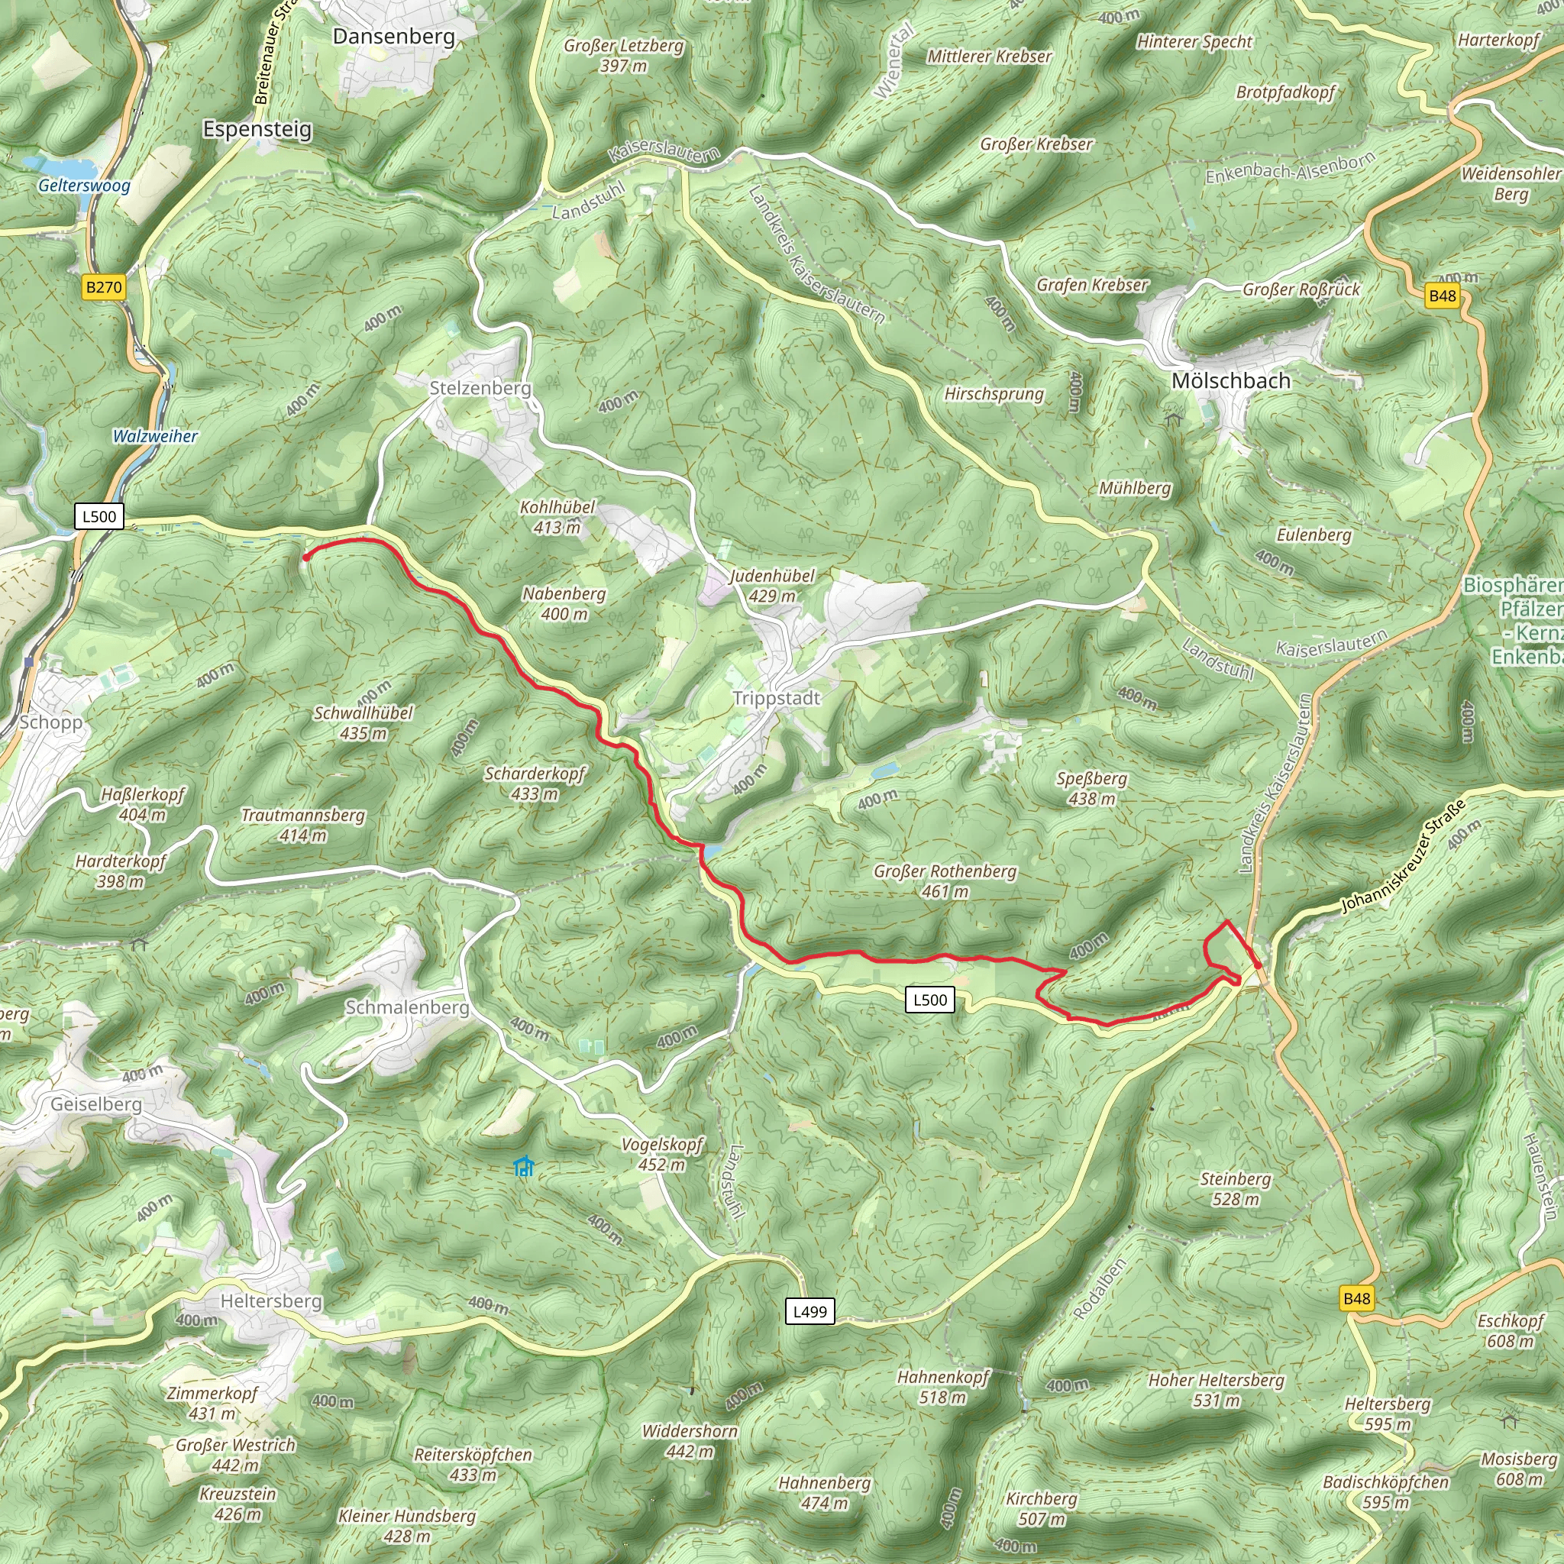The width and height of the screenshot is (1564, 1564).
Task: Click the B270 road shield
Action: coord(105,286)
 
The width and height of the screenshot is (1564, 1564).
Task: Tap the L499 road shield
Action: coord(809,1311)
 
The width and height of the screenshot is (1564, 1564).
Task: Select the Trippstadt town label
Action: coord(777,698)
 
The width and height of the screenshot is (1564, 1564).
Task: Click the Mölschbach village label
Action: coord(1230,380)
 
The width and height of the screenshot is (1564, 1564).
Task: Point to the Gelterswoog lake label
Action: coord(84,186)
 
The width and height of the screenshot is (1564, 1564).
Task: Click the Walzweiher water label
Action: coord(154,436)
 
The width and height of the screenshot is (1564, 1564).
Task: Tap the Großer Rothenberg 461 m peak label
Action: coord(945,881)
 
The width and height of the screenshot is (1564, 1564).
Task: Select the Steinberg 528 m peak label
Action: coord(1236,1188)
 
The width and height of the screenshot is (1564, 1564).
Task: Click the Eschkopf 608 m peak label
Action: coord(1511,1331)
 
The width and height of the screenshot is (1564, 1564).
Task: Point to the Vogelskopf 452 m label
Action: coord(662,1155)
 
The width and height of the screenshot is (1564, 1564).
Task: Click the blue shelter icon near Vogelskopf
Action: coord(525,1167)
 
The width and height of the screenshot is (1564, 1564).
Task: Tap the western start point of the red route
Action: coord(306,557)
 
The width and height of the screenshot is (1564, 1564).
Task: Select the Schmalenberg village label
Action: coord(407,1007)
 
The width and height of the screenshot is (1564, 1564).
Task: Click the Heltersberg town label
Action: coord(271,1301)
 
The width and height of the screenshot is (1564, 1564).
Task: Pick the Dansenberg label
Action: coord(394,37)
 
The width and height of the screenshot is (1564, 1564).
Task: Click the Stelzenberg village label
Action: coord(480,388)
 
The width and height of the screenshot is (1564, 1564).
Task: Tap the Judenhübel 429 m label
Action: coord(772,585)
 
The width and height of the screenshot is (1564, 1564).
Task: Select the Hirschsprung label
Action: coord(994,394)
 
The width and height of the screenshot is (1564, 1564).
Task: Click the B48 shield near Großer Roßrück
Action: coord(1442,296)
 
